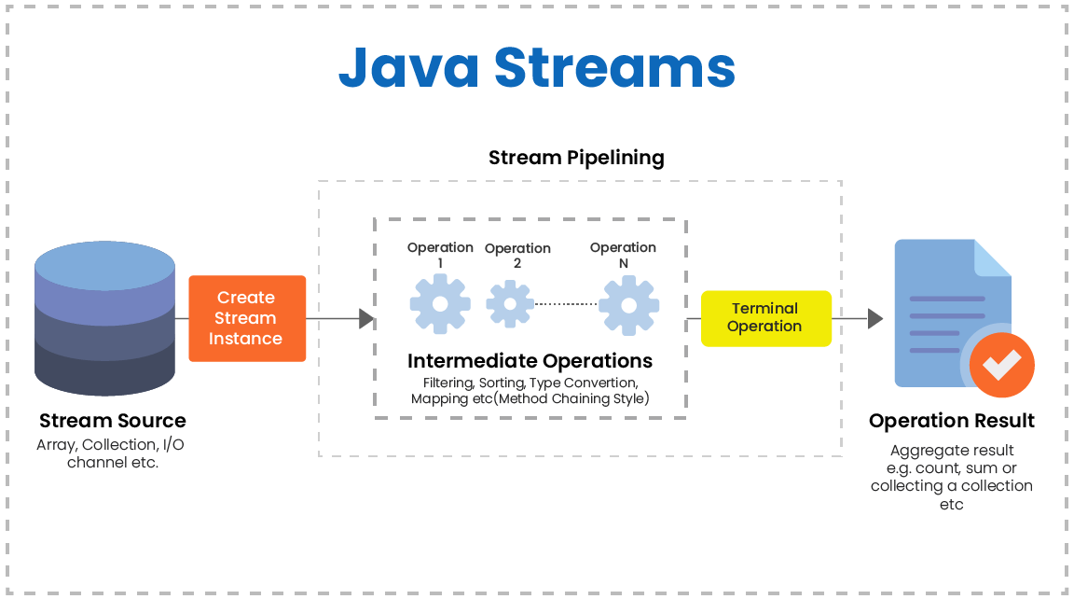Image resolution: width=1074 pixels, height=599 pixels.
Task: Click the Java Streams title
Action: click(536, 67)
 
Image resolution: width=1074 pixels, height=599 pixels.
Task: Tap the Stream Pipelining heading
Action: click(576, 158)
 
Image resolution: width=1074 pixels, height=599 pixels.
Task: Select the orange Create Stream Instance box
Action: click(246, 318)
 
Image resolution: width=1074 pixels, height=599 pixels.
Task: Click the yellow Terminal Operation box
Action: click(764, 317)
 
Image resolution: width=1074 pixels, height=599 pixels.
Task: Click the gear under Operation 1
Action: click(440, 304)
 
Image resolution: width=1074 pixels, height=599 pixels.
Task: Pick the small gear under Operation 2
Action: click(509, 304)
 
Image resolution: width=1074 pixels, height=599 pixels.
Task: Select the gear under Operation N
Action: click(628, 304)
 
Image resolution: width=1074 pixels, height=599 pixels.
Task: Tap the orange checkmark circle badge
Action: click(1001, 365)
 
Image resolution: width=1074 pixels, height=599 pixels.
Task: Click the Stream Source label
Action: click(112, 421)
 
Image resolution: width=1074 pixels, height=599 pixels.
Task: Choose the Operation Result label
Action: click(951, 421)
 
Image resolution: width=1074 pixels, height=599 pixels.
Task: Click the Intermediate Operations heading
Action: click(530, 361)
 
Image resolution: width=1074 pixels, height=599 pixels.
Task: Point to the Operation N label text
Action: click(623, 255)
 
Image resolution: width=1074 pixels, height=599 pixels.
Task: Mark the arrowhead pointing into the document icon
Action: click(874, 319)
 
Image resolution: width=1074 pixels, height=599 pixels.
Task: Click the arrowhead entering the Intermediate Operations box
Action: click(366, 319)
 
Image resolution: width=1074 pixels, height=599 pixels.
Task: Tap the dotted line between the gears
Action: click(565, 304)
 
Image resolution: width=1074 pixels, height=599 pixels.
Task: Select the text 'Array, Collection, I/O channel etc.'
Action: click(112, 453)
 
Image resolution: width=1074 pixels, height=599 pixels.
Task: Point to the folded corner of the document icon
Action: click(992, 258)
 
